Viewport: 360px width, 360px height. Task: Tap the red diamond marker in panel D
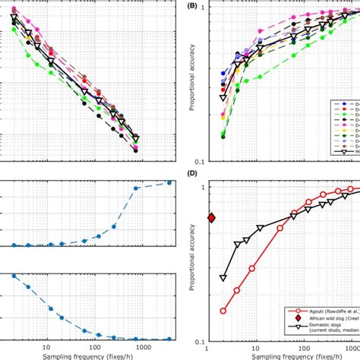(211, 218)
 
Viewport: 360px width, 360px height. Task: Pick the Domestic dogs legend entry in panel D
(319, 332)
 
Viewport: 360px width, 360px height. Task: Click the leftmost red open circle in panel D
(223, 310)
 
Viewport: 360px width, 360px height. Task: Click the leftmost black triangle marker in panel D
(223, 278)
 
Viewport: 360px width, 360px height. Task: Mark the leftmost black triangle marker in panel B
(223, 98)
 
